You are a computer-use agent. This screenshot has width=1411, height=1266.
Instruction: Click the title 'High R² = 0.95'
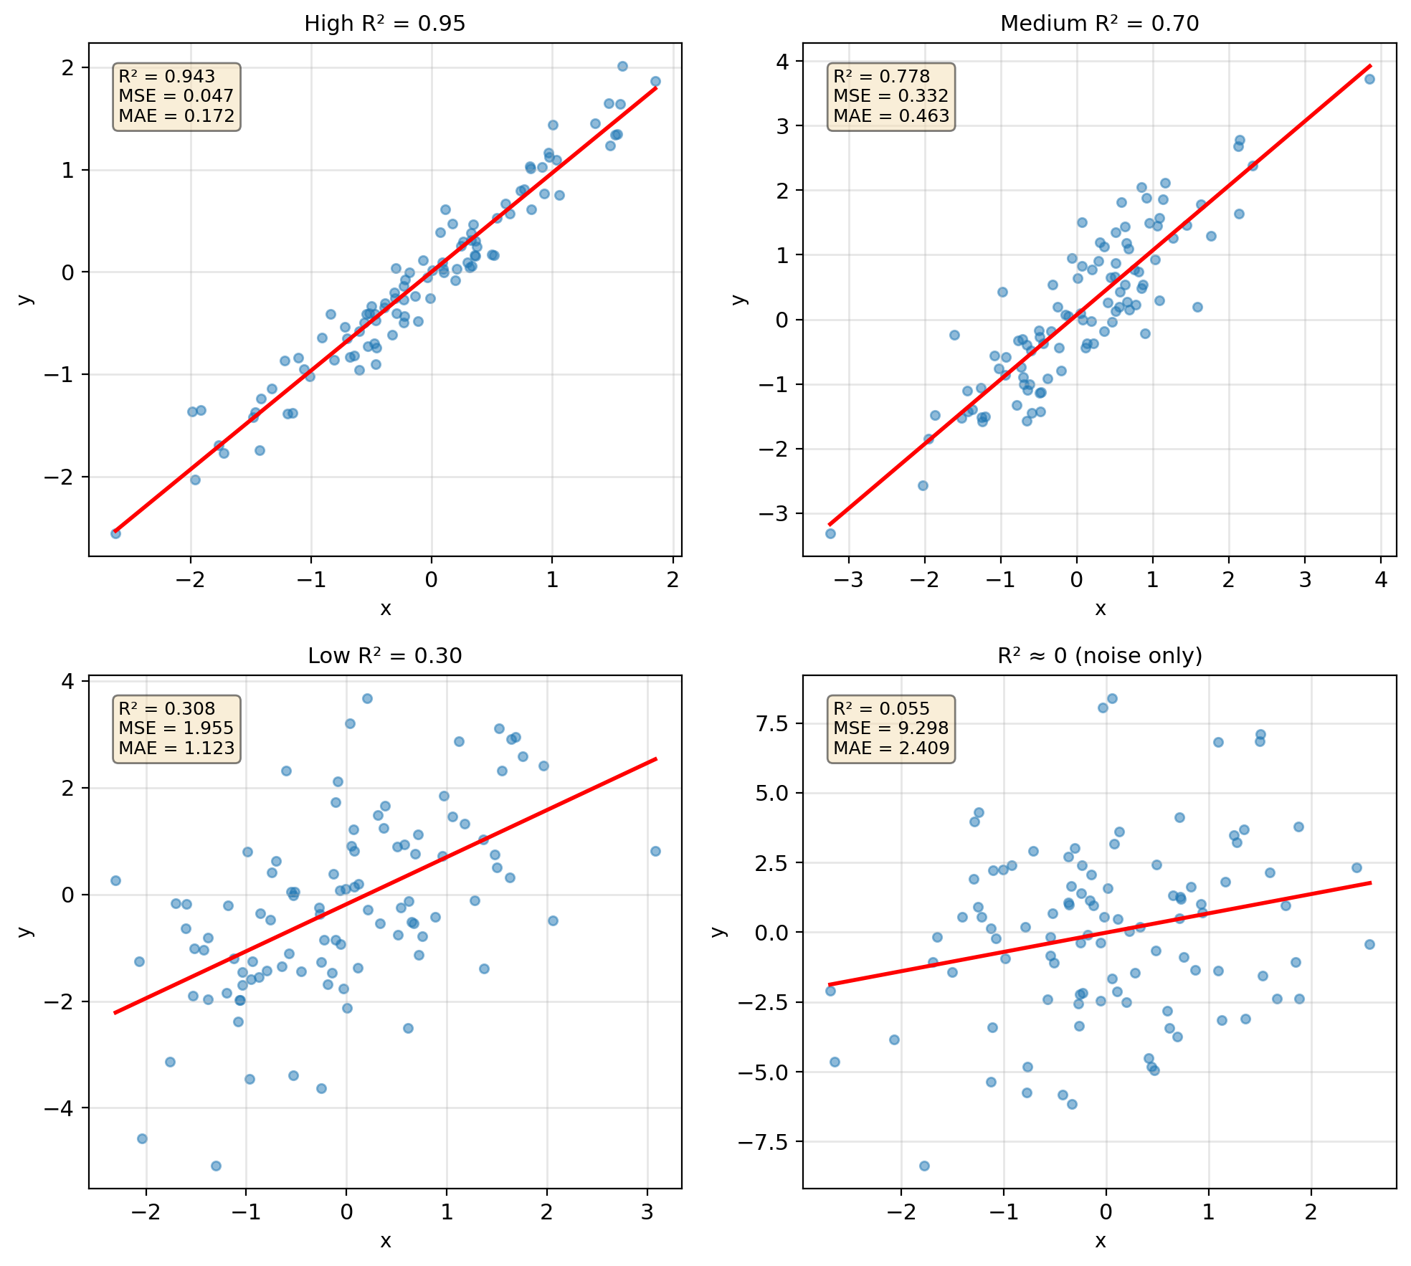pos(385,24)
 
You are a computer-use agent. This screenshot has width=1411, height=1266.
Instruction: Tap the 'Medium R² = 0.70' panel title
pos(1099,24)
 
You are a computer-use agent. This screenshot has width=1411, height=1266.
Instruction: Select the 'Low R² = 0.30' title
pos(385,656)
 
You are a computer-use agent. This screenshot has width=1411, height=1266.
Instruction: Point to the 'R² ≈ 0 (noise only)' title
pos(1099,656)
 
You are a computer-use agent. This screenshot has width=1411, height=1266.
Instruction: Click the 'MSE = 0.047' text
pos(176,96)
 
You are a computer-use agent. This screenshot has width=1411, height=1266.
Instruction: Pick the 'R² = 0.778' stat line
pos(881,77)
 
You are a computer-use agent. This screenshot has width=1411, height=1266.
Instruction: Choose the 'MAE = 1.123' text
pos(176,748)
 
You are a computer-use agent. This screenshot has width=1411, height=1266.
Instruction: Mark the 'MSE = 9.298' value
pos(890,728)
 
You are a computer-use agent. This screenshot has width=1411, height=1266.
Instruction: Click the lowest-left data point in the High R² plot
pos(115,533)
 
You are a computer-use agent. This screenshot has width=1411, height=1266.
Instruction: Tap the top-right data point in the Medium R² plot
pos(1369,79)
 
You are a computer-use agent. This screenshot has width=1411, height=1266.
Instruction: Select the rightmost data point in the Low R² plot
pos(655,851)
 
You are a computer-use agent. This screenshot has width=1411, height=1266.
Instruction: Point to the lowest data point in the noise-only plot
pos(924,1166)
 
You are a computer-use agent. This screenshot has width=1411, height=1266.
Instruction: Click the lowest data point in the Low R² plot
pos(216,1166)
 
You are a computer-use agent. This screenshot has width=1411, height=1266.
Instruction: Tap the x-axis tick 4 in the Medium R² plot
pos(1381,580)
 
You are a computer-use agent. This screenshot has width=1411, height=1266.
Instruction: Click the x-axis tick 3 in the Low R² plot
pos(647,1212)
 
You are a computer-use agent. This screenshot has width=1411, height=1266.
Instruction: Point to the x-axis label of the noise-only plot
pos(1100,1241)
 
